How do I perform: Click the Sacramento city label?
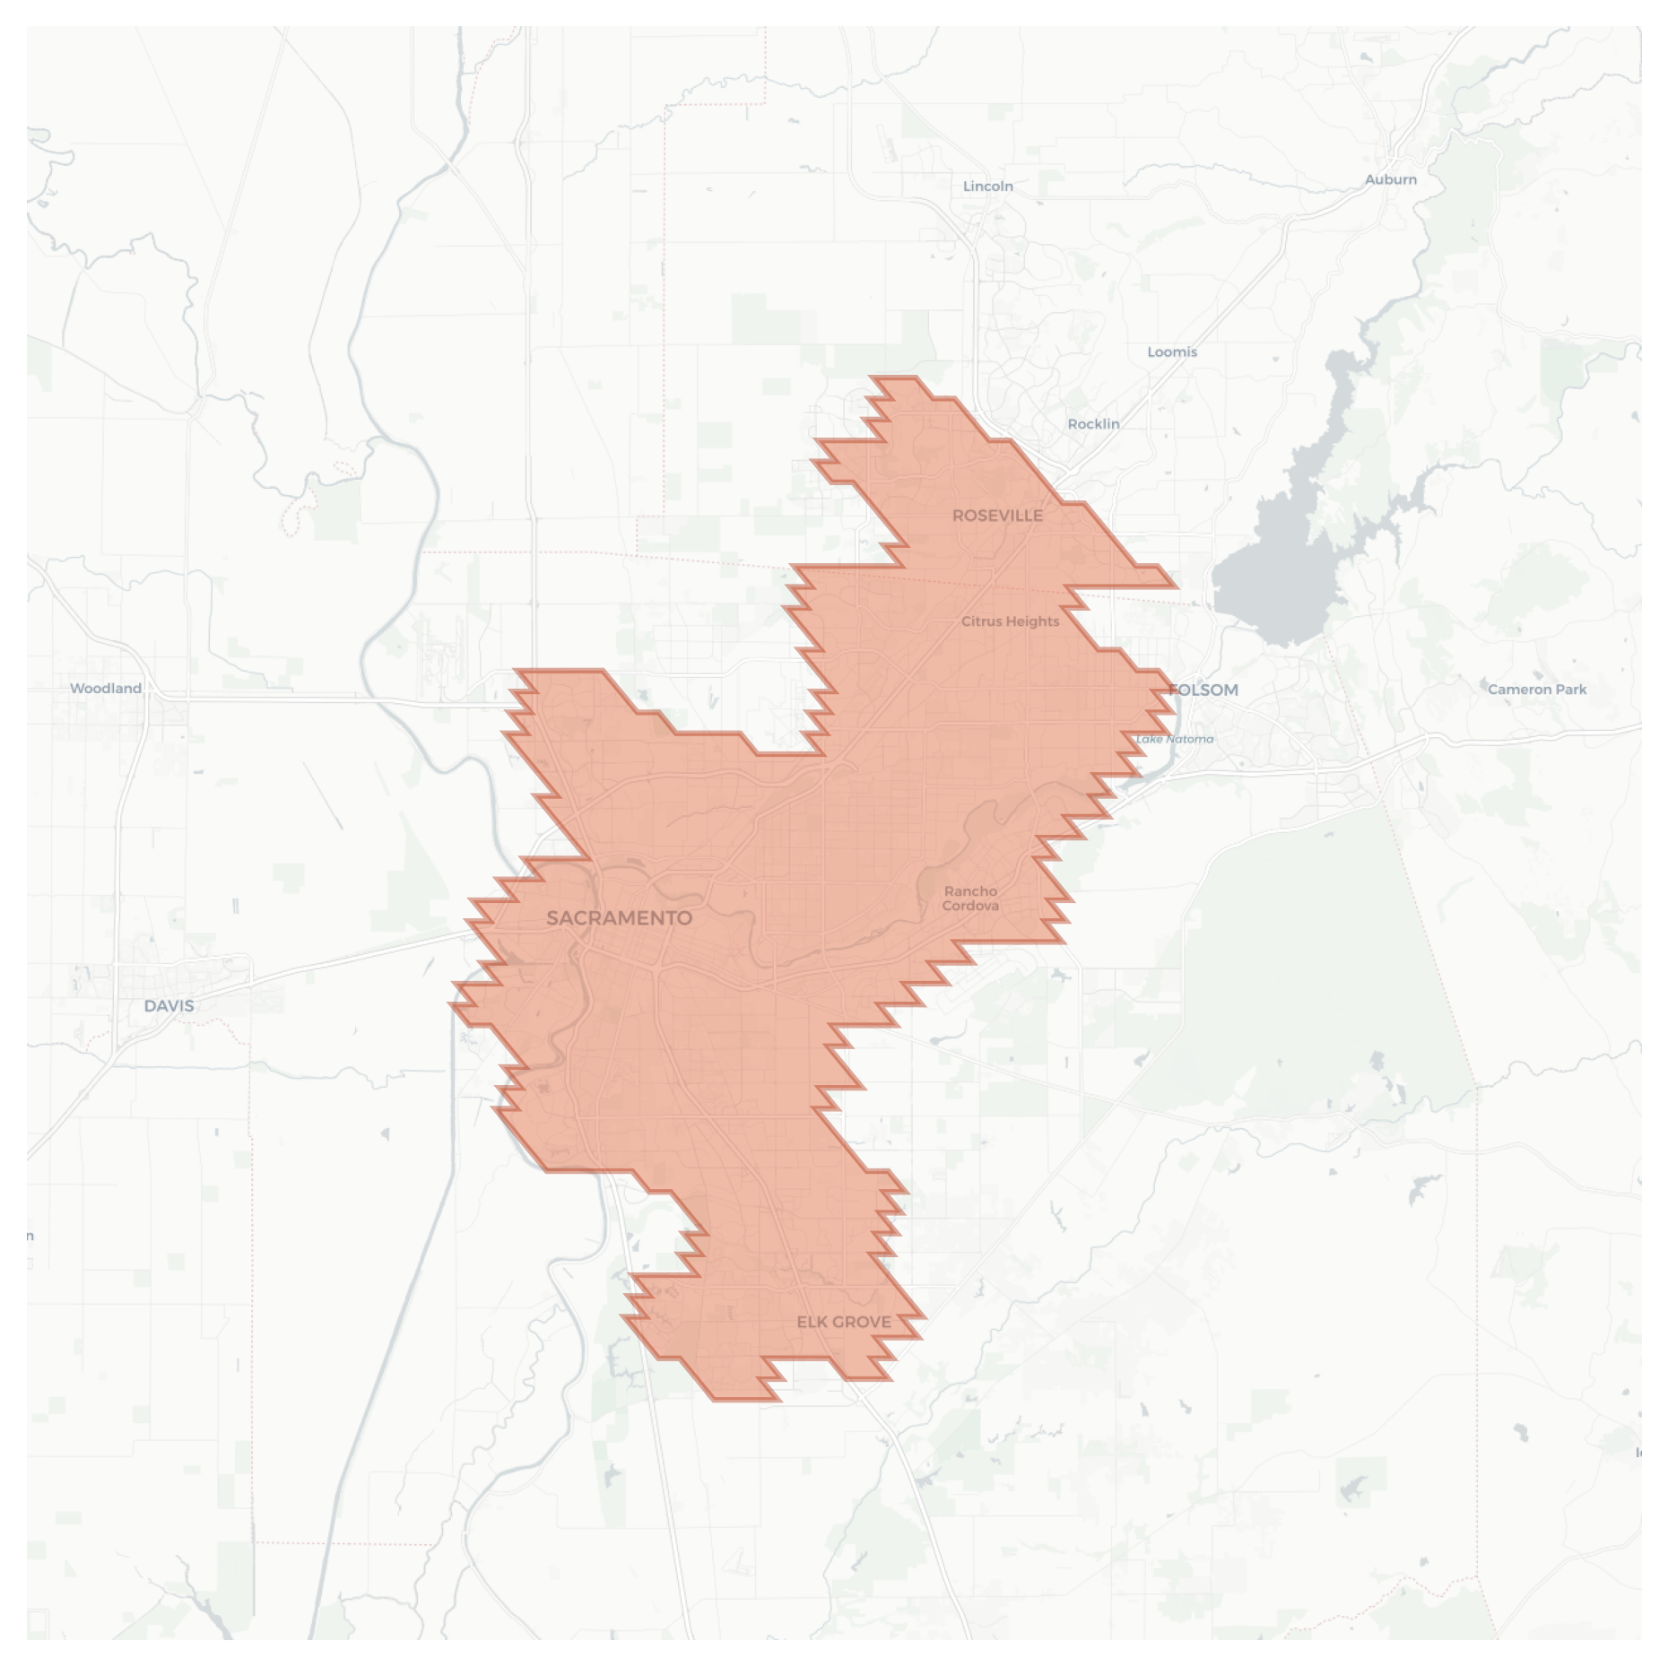619,918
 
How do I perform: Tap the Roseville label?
997,516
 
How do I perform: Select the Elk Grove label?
844,1322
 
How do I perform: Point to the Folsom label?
1204,690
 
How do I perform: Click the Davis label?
169,1006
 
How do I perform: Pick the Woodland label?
106,689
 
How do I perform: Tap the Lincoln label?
988,187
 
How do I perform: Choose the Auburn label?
1391,179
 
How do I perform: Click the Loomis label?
1172,352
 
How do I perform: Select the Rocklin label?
1093,424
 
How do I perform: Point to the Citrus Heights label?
1010,621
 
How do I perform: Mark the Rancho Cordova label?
970,899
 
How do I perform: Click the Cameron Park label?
1537,690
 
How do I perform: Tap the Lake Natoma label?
1175,739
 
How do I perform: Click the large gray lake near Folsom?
1273,574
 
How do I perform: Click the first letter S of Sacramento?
553,918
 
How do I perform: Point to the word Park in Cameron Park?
1570,690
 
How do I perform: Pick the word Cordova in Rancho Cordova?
970,906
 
